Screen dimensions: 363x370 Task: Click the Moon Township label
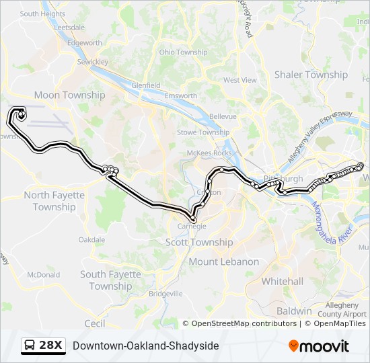coord(69,95)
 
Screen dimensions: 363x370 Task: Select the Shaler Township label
coord(311,75)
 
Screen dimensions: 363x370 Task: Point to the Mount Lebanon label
coord(223,261)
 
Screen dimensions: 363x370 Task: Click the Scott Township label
coord(199,242)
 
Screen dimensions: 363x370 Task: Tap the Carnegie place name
coord(192,227)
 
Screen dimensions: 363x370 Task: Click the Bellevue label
coord(223,116)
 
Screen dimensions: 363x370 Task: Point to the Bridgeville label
coord(165,294)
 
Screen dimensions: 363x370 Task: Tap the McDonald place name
coord(44,275)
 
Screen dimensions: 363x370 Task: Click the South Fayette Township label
coord(111,280)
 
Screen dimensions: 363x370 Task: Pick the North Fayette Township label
coord(54,201)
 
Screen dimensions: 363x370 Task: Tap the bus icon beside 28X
coord(30,346)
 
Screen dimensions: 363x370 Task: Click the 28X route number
coord(51,346)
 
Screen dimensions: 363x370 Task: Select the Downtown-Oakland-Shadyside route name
coord(145,346)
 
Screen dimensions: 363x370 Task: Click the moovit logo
coord(319,346)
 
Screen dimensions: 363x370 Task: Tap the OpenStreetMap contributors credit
coord(244,323)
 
